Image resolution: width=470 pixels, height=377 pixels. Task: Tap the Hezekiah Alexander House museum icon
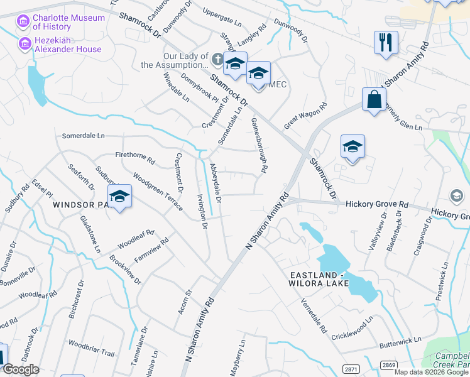pos(25,45)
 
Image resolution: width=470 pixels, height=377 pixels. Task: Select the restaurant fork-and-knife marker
pos(386,43)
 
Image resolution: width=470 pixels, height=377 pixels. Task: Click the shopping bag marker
pos(374,100)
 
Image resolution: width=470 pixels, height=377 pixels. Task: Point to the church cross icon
pos(217,60)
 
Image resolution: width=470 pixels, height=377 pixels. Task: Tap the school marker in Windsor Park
pos(119,197)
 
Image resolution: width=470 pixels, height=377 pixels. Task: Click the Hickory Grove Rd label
pos(376,204)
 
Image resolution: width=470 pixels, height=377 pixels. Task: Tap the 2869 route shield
pos(388,365)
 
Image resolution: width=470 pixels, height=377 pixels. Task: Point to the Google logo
pos(21,369)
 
